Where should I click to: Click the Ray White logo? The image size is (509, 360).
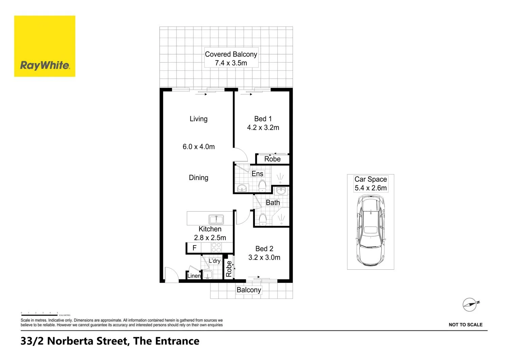(x=45, y=46)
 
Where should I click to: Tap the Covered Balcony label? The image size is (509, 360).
(x=231, y=54)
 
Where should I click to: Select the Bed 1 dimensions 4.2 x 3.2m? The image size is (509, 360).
(x=263, y=128)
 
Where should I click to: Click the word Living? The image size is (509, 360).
(x=199, y=119)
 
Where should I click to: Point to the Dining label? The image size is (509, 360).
(x=199, y=178)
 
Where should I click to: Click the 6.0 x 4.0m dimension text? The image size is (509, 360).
(x=199, y=147)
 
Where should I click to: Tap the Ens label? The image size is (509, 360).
(x=257, y=174)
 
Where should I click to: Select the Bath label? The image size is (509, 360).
(x=273, y=202)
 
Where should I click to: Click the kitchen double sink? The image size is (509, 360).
(x=216, y=220)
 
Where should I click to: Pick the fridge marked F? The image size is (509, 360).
(x=194, y=248)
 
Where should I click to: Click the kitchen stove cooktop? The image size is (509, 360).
(x=216, y=247)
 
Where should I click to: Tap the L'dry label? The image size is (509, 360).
(x=214, y=261)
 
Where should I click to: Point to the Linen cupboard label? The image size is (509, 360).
(x=194, y=276)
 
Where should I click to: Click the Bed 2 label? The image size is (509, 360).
(x=264, y=249)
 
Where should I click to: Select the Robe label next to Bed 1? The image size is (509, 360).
(x=272, y=159)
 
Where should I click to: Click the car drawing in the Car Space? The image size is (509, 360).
(x=371, y=231)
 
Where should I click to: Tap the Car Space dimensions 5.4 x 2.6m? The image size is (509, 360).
(x=371, y=188)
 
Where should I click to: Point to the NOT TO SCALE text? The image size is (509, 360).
(x=466, y=325)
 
